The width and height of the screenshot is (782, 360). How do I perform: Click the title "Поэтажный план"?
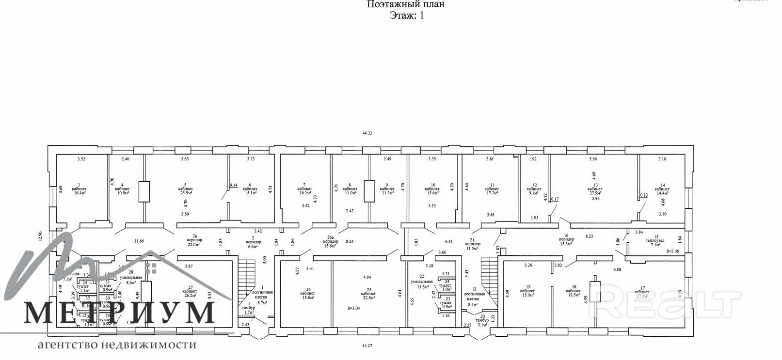[x=405, y=4]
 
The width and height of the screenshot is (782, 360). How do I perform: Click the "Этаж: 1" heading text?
[x=407, y=15]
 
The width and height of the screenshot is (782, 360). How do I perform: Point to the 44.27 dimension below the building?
[x=368, y=345]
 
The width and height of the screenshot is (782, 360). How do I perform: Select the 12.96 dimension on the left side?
[x=41, y=235]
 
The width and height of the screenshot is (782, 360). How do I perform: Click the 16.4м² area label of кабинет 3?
[x=79, y=193]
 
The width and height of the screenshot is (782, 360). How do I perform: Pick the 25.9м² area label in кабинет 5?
[x=185, y=193]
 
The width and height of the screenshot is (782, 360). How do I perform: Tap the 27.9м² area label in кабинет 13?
[x=595, y=193]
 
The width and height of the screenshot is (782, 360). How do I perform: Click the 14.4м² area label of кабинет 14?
[x=661, y=193]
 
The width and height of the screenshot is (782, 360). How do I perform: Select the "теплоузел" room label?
[x=656, y=240]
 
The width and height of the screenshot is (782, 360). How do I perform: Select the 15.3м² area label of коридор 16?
[x=566, y=244]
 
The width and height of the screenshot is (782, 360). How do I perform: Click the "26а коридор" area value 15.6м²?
[x=331, y=246]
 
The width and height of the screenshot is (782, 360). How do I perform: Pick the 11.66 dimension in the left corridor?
[x=139, y=241]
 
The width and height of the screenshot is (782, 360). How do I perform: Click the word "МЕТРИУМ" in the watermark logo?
[x=119, y=313]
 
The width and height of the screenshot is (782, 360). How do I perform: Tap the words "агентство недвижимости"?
[x=117, y=345]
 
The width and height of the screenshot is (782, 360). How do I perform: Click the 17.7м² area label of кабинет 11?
[x=492, y=193]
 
